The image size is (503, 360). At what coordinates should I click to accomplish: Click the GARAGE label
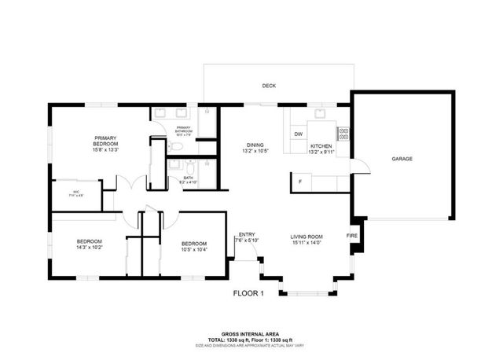click(402, 159)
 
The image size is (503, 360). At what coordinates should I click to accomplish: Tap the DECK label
click(269, 86)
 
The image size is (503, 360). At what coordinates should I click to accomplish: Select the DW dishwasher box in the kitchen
click(299, 134)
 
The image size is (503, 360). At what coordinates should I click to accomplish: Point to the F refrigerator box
click(300, 182)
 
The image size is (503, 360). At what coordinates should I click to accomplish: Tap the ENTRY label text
click(247, 233)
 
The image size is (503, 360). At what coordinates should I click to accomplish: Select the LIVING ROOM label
click(307, 237)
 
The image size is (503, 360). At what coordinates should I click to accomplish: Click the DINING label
click(255, 145)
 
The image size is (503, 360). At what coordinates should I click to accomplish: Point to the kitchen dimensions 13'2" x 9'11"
click(321, 152)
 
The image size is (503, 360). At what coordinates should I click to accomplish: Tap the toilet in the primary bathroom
click(178, 145)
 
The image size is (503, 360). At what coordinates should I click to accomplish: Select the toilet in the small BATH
click(188, 166)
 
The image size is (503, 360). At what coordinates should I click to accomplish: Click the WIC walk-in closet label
click(77, 191)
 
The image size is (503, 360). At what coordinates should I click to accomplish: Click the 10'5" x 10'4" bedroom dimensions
click(193, 249)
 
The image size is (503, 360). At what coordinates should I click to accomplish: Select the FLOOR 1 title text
click(248, 294)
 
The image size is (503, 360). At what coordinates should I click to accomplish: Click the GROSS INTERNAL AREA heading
click(251, 334)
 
